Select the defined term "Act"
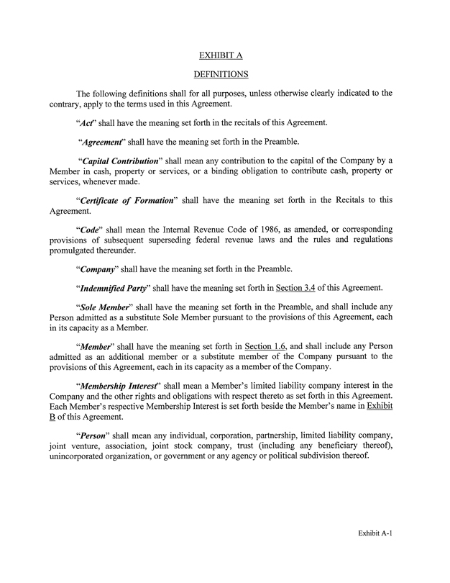[x=87, y=122]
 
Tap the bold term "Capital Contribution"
[x=120, y=160]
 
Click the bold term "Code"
[x=88, y=229]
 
